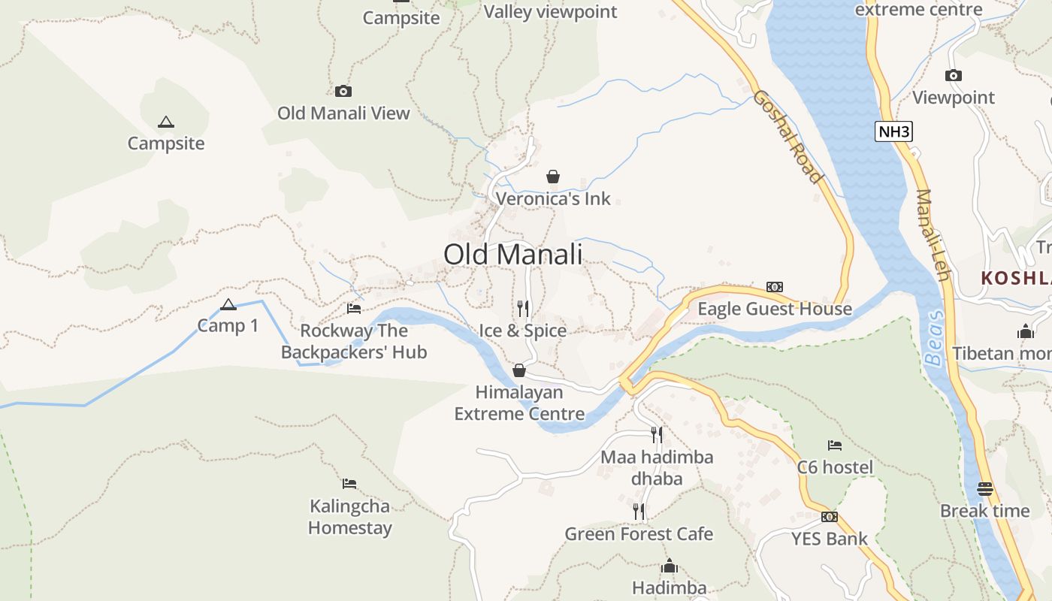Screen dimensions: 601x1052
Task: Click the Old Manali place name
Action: click(x=512, y=254)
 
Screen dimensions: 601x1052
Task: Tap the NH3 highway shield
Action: click(x=893, y=132)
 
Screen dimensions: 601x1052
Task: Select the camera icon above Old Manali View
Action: click(x=343, y=92)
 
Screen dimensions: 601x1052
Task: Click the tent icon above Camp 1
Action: click(x=228, y=304)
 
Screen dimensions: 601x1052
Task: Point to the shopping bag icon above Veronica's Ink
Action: click(x=553, y=177)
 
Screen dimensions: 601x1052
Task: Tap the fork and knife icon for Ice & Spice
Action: click(x=523, y=308)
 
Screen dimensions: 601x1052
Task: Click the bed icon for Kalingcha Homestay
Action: click(x=349, y=483)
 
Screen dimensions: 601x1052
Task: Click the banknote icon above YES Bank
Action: click(x=830, y=517)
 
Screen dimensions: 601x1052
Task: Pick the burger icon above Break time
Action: click(x=985, y=489)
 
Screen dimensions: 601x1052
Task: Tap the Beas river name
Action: click(x=934, y=338)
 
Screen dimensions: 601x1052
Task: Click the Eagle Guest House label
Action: click(x=775, y=309)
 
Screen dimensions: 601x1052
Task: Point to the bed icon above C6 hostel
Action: click(x=835, y=445)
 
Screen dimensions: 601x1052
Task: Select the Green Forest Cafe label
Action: click(x=639, y=534)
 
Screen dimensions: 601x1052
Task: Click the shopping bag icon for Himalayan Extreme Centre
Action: click(x=518, y=370)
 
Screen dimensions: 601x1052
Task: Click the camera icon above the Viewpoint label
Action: click(x=954, y=75)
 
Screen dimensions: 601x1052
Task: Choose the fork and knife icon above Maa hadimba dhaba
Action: click(x=657, y=433)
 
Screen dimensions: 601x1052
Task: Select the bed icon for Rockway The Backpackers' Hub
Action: click(x=354, y=308)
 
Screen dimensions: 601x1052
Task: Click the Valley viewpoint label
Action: click(x=550, y=11)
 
